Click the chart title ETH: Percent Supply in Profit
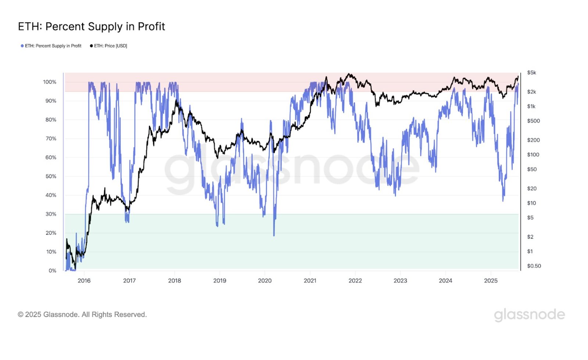(92, 26)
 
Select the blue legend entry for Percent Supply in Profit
(51, 46)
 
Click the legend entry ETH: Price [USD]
(109, 46)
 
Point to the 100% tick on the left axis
(50, 82)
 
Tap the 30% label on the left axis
(51, 214)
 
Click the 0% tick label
(52, 270)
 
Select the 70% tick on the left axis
(51, 138)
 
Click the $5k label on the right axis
(531, 73)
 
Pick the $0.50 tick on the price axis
(534, 266)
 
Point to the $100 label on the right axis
(533, 155)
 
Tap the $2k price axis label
(531, 92)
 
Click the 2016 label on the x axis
(84, 281)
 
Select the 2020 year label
(265, 281)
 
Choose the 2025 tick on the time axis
(491, 281)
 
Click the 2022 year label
(355, 281)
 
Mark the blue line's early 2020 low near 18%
(274, 235)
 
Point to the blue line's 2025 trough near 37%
(503, 200)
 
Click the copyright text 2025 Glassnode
(82, 314)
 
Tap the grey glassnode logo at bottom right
(529, 315)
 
